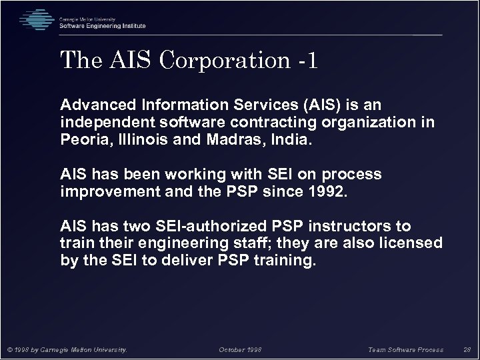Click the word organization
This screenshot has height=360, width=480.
tap(374, 123)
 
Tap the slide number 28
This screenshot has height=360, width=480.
tap(466, 349)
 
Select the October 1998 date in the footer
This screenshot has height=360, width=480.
tap(240, 349)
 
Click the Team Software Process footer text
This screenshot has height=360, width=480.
tap(406, 349)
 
